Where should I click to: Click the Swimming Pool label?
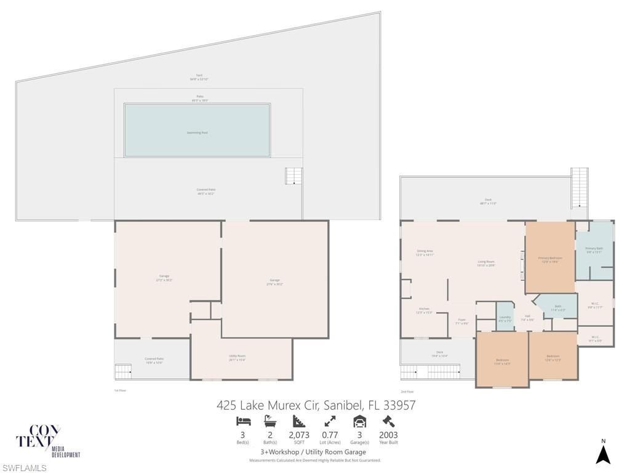tap(197, 132)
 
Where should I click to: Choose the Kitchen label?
tap(424, 309)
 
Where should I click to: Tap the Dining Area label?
tap(425, 251)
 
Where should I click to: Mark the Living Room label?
tap(486, 262)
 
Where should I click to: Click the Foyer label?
tap(461, 320)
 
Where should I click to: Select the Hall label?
tap(527, 316)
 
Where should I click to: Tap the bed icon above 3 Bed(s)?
tap(243, 422)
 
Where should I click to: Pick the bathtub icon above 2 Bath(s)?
tap(270, 422)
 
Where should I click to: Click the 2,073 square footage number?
tap(299, 434)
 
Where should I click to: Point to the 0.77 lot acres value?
tap(330, 434)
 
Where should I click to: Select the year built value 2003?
tap(388, 434)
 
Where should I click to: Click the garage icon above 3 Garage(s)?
tap(359, 422)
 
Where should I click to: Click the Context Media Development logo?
tap(47, 441)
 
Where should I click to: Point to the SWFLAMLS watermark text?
tap(24, 468)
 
